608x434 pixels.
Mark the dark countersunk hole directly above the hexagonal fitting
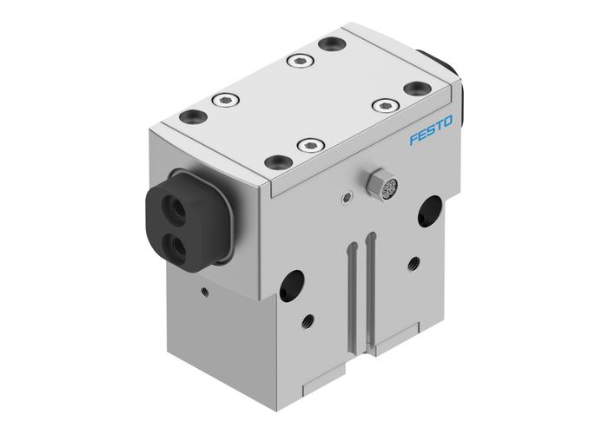276,161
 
